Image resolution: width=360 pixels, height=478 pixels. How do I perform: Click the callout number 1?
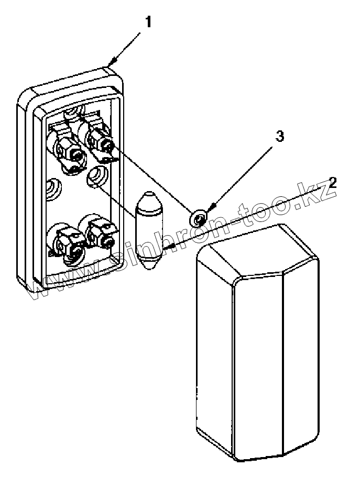pyautogui.click(x=149, y=23)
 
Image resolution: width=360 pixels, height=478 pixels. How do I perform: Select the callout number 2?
pyautogui.click(x=333, y=183)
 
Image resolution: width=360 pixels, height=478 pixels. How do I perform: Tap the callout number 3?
pyautogui.click(x=280, y=137)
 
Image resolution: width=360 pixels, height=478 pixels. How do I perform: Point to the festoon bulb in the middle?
pyautogui.click(x=149, y=231)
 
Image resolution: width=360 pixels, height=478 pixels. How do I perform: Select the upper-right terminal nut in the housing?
pyautogui.click(x=101, y=140)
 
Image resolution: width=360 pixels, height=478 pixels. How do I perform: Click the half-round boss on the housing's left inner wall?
pyautogui.click(x=52, y=187)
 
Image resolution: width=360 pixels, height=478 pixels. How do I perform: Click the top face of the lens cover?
pyautogui.click(x=257, y=252)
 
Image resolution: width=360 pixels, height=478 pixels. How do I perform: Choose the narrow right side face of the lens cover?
pyautogui.click(x=301, y=351)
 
